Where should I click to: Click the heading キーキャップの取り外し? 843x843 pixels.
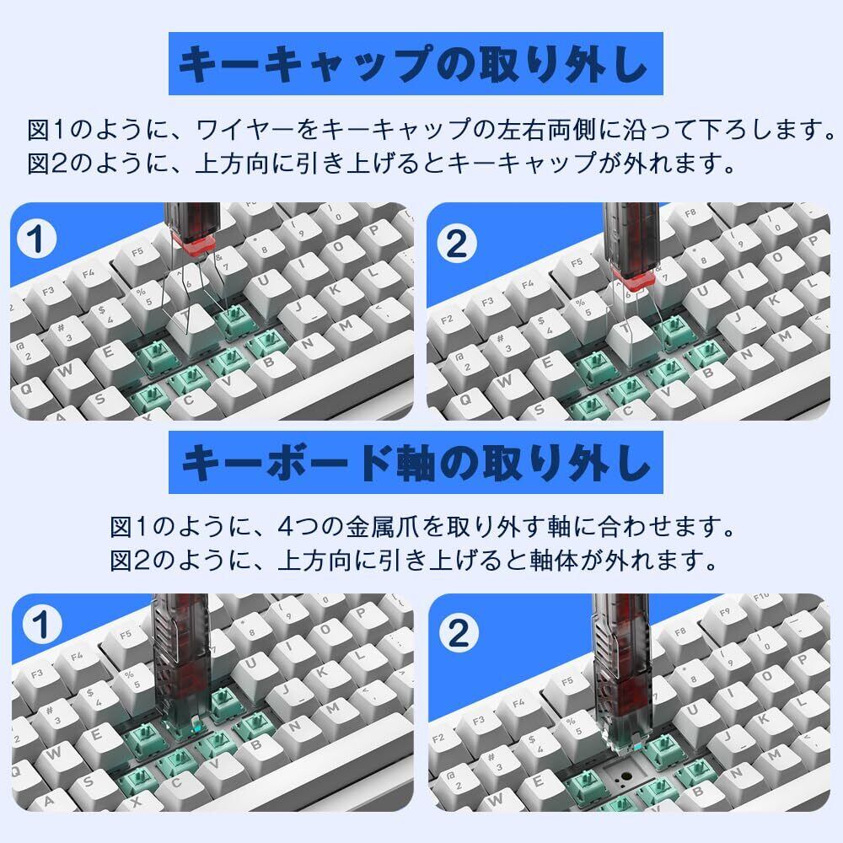click(x=415, y=64)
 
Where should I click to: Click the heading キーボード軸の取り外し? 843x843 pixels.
click(x=416, y=463)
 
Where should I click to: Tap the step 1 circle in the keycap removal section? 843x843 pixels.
click(x=35, y=239)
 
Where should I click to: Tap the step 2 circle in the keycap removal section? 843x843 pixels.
click(x=456, y=244)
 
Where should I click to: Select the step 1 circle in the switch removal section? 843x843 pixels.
click(x=41, y=624)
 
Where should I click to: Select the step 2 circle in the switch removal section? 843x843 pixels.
click(x=459, y=632)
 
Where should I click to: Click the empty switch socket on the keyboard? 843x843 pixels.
click(x=627, y=774)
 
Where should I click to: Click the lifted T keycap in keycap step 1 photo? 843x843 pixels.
click(x=191, y=325)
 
